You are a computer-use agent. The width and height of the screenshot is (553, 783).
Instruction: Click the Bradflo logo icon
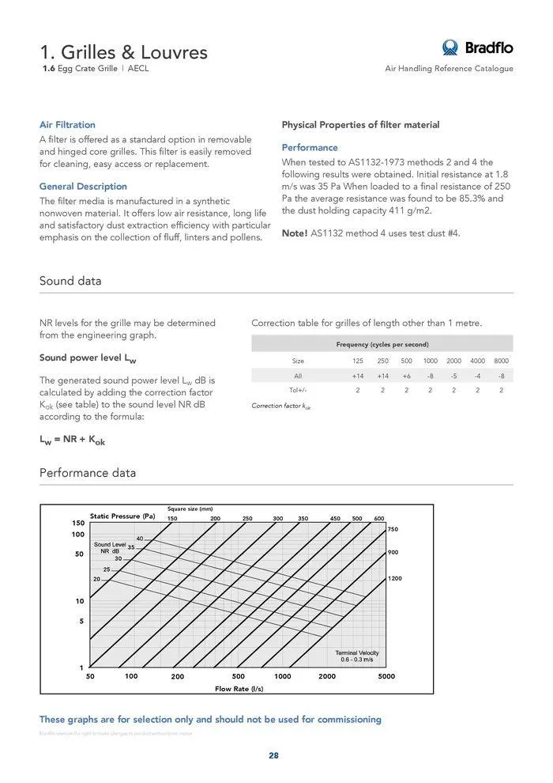pyautogui.click(x=450, y=47)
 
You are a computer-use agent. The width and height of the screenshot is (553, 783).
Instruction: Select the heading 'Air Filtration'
pyautogui.click(x=67, y=125)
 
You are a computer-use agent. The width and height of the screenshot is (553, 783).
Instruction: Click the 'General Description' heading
pyautogui.click(x=83, y=187)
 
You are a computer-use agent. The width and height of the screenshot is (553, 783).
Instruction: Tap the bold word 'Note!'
pyautogui.click(x=295, y=234)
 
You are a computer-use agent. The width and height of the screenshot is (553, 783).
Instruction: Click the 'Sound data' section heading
pyautogui.click(x=70, y=282)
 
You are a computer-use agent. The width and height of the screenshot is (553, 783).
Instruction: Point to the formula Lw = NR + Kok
pyautogui.click(x=72, y=441)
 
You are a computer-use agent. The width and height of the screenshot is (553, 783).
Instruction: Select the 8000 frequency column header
pyautogui.click(x=501, y=361)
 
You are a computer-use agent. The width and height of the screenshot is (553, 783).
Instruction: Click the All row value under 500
pyautogui.click(x=406, y=376)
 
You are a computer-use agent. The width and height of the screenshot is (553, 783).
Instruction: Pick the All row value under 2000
pyautogui.click(x=453, y=376)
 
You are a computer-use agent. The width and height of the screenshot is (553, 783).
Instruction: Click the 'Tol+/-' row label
pyautogui.click(x=298, y=390)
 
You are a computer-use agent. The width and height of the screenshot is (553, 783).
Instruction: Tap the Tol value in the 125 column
pyautogui.click(x=358, y=390)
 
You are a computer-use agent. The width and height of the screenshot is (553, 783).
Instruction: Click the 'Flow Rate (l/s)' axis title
pyautogui.click(x=239, y=689)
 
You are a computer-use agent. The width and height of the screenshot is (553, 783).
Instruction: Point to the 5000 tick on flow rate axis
pyautogui.click(x=386, y=677)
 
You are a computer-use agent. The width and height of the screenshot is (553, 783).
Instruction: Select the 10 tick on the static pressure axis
pyautogui.click(x=80, y=601)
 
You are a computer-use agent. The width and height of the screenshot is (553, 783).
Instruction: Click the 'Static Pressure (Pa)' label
pyautogui.click(x=122, y=516)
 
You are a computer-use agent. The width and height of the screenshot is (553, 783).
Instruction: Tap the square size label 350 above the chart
pyautogui.click(x=303, y=518)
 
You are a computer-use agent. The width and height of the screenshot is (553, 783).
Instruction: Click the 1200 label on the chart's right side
pyautogui.click(x=395, y=579)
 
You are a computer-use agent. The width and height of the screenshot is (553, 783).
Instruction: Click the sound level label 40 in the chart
pyautogui.click(x=139, y=538)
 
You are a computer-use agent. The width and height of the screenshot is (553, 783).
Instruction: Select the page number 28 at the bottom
pyautogui.click(x=273, y=755)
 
